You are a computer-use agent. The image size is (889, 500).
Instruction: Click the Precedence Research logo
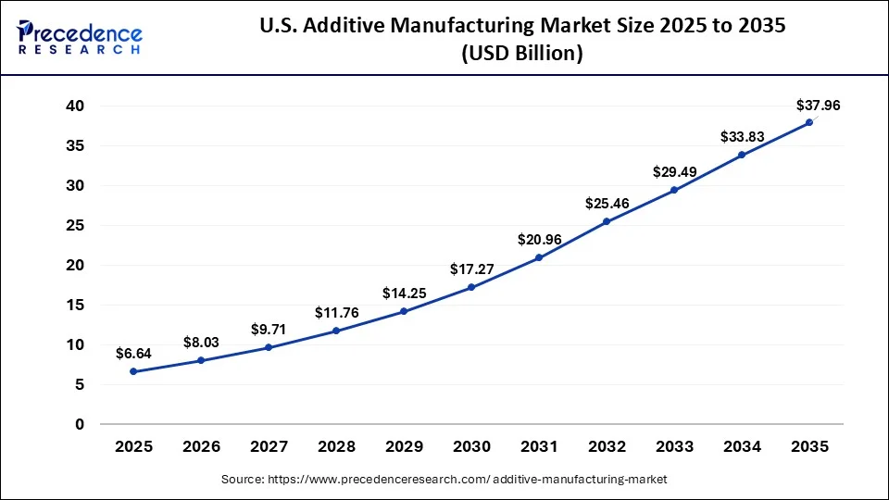80,37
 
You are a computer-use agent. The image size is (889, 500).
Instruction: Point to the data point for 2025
133,371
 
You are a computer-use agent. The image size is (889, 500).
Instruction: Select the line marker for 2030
471,287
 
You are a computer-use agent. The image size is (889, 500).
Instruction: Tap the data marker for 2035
809,122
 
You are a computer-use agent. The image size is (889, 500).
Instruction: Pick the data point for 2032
607,221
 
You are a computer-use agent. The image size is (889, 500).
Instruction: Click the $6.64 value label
133,353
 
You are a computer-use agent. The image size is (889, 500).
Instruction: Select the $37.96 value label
818,106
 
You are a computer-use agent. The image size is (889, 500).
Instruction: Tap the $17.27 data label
472,269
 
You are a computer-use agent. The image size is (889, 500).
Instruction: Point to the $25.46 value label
607,203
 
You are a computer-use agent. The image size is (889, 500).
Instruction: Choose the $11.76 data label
337,312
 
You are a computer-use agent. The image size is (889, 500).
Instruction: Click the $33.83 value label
743,137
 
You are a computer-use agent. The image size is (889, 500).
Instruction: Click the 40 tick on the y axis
75,106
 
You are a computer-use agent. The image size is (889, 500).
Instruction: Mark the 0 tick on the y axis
80,424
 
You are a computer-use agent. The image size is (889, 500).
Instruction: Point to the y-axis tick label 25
75,226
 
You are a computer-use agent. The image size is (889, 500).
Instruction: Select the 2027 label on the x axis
269,446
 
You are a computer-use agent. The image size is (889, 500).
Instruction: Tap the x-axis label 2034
742,446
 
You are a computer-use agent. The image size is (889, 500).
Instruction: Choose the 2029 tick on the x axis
404,446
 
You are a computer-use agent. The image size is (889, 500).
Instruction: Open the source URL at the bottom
444,479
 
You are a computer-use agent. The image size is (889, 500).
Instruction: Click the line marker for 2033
674,190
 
